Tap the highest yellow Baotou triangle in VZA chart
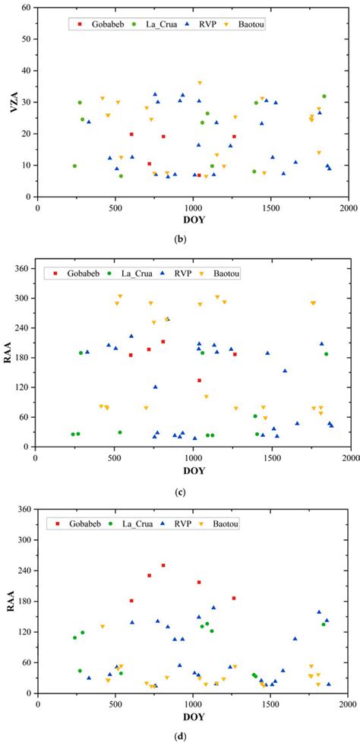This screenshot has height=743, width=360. [200, 83]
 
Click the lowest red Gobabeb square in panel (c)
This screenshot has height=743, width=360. [199, 380]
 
